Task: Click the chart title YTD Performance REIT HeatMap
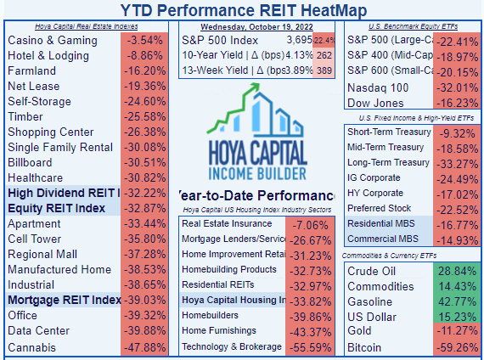click(x=242, y=11)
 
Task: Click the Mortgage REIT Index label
click(x=64, y=300)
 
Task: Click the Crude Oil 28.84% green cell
click(x=458, y=270)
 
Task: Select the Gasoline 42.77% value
click(x=458, y=301)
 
